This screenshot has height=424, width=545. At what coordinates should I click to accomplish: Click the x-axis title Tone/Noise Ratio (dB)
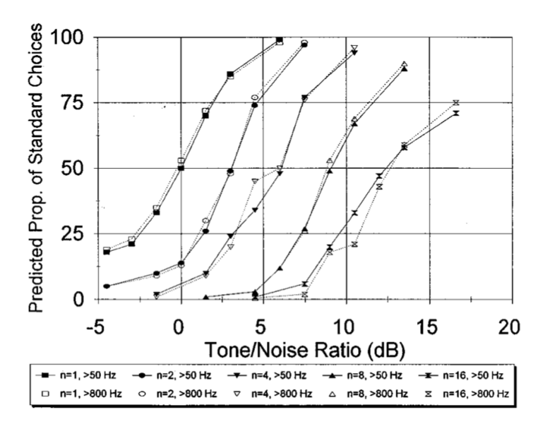pos(301,348)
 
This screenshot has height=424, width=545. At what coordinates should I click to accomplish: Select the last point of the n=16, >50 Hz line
pos(456,113)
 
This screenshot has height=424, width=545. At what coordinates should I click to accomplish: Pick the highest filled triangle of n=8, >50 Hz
pos(405,69)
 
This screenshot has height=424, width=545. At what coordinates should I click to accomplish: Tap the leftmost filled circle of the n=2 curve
pos(107,286)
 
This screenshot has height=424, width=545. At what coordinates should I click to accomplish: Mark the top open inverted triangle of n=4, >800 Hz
pos(354,48)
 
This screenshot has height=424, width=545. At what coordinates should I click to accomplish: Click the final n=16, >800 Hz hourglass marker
pos(456,102)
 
